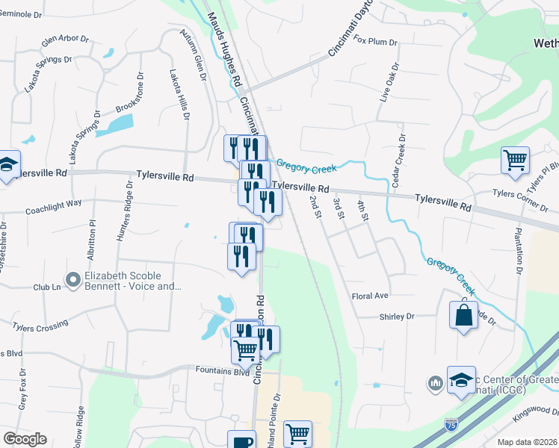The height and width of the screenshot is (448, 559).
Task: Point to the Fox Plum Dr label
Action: point(375,40)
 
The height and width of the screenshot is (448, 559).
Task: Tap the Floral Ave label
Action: point(371,296)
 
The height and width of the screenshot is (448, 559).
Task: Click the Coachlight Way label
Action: point(53,202)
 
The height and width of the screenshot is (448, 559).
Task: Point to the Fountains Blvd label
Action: point(222,371)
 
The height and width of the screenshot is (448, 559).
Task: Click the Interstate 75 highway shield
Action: point(451,423)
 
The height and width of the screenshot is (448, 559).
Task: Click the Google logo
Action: point(25,439)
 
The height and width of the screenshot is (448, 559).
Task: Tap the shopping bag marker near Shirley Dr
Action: point(463,314)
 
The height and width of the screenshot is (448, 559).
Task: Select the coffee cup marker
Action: point(241,442)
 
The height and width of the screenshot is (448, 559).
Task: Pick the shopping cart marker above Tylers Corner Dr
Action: point(515,160)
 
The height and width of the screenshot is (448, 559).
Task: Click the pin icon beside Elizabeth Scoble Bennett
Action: point(73,280)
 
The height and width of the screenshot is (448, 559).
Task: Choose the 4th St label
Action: point(363,211)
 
